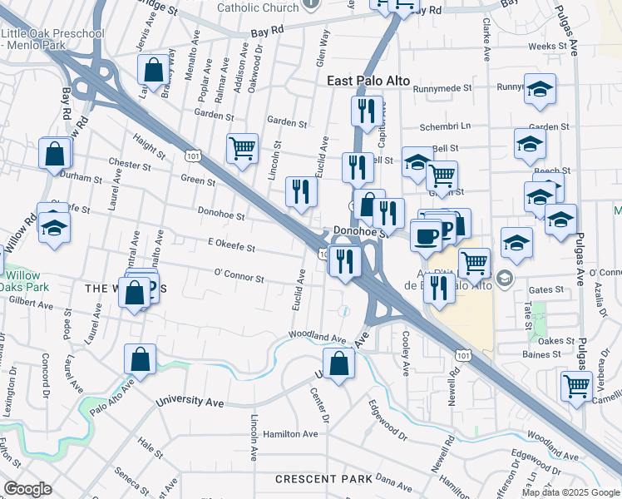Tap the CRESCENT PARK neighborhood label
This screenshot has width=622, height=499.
(x=323, y=479)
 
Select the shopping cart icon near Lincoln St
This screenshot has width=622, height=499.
(x=242, y=150)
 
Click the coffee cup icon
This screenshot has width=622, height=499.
(x=426, y=235)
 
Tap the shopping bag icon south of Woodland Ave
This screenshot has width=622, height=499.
(x=338, y=363)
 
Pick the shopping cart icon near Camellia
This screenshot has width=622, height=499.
(x=576, y=385)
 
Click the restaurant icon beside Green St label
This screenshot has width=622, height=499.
(x=300, y=191)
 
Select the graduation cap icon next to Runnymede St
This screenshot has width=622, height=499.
(x=540, y=89)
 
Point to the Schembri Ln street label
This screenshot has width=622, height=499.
(x=445, y=126)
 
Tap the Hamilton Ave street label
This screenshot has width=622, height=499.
(x=290, y=434)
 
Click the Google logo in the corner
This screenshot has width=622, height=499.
(x=27, y=489)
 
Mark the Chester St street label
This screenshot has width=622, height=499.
(x=129, y=165)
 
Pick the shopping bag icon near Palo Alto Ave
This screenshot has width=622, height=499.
(x=140, y=359)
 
